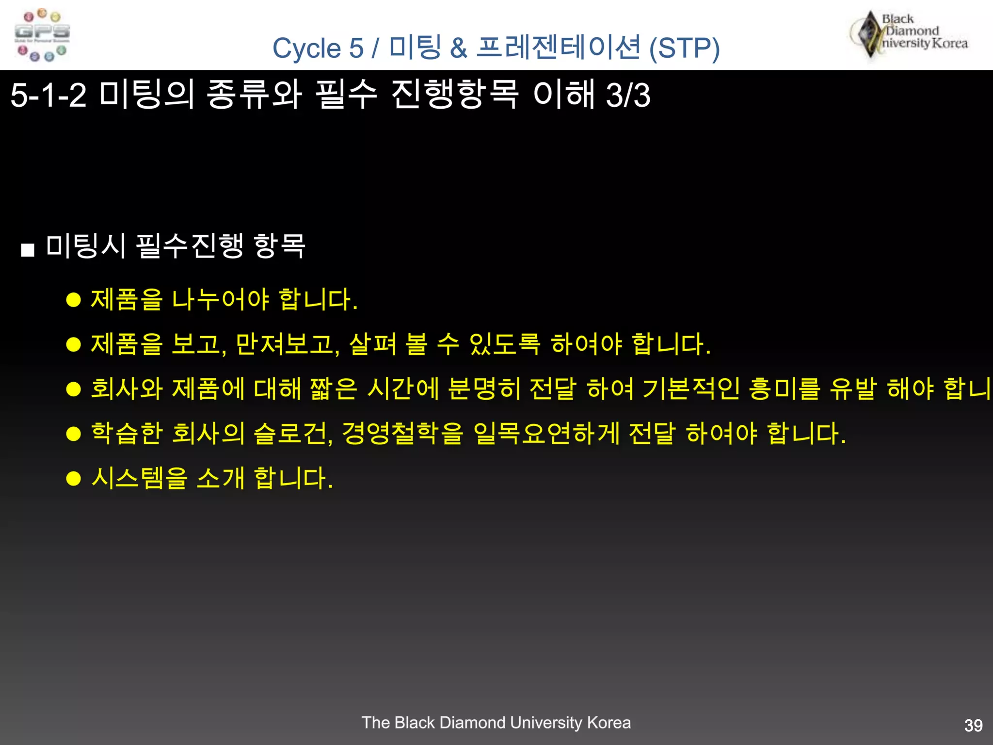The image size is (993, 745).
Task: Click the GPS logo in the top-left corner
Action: point(42,35)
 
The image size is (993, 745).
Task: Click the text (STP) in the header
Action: point(684,49)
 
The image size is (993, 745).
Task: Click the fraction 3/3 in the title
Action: point(628,95)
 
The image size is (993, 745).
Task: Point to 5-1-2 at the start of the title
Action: point(48,95)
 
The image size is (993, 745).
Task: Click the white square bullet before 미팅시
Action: point(28,250)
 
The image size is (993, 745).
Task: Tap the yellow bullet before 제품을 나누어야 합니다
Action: point(73,300)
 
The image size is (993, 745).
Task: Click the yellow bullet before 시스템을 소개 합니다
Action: point(73,479)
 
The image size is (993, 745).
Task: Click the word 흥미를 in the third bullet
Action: point(784,389)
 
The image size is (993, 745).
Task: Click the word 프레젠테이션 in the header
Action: point(558,48)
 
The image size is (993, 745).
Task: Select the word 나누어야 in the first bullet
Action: point(220,300)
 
